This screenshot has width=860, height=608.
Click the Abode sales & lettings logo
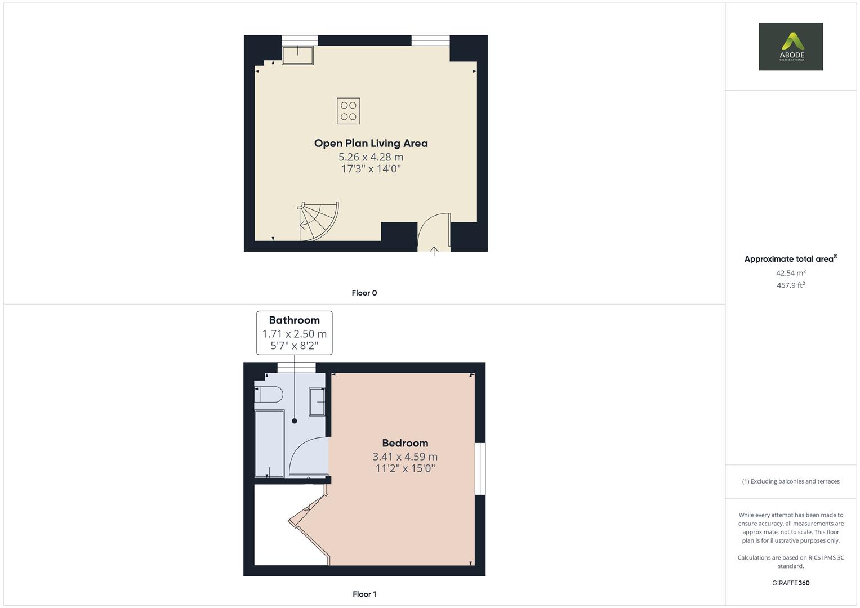pyautogui.click(x=791, y=46)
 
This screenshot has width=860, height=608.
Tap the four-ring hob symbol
pyautogui.click(x=348, y=111)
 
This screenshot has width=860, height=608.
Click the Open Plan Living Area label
pyautogui.click(x=371, y=143)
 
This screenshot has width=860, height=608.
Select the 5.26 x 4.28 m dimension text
pyautogui.click(x=371, y=157)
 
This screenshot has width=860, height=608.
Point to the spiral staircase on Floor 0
pyautogui.click(x=318, y=221)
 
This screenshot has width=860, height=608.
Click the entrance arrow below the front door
pyautogui.click(x=434, y=251)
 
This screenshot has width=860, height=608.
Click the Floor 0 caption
pyautogui.click(x=364, y=293)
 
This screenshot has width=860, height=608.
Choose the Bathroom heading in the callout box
pyautogui.click(x=294, y=320)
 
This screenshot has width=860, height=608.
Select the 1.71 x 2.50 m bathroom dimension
pyautogui.click(x=294, y=334)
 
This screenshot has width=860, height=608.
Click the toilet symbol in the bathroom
pyautogui.click(x=269, y=394)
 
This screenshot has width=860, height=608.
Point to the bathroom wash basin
pyautogui.click(x=317, y=402)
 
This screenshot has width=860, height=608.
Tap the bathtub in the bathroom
pyautogui.click(x=270, y=444)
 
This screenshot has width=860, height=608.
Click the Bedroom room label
pyautogui.click(x=405, y=443)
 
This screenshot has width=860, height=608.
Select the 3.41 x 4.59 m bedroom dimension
pyautogui.click(x=405, y=457)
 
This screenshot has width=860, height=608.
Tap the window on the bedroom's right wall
pyautogui.click(x=480, y=468)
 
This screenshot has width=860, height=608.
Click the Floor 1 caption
pyautogui.click(x=364, y=594)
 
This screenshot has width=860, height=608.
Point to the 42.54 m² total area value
pyautogui.click(x=791, y=273)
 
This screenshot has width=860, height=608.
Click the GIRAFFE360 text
pyautogui.click(x=791, y=583)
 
